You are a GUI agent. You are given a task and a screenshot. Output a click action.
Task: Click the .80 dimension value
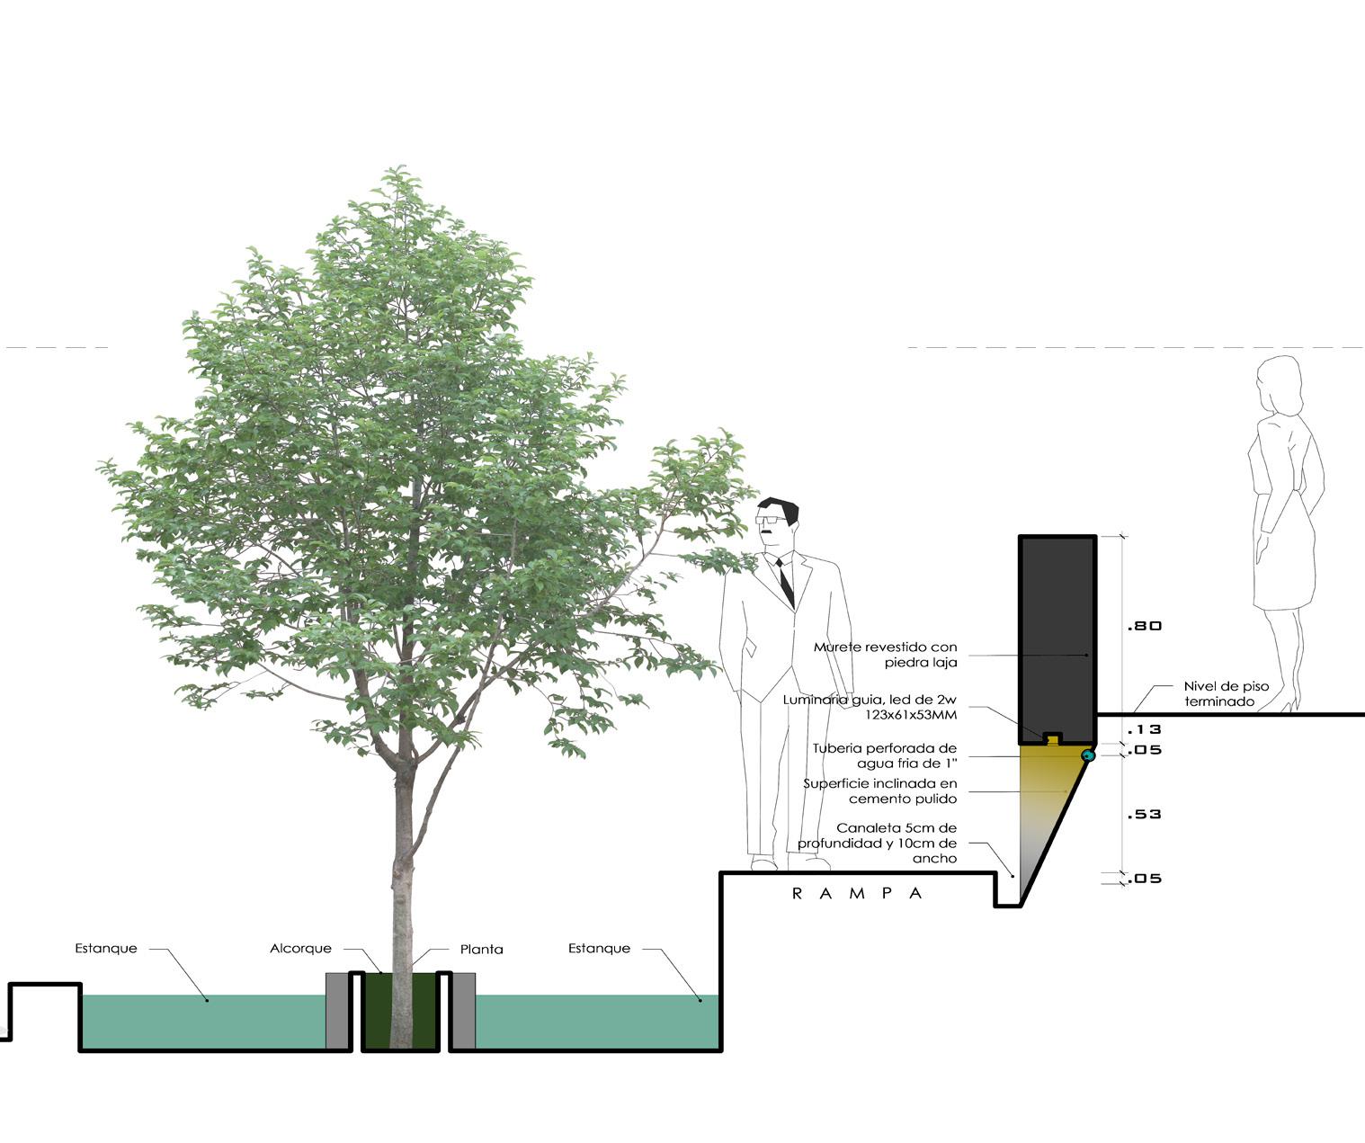[x=1145, y=626]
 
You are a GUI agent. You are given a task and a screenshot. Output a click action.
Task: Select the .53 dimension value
[x=1145, y=814]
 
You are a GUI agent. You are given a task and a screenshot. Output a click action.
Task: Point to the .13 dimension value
[x=1145, y=729]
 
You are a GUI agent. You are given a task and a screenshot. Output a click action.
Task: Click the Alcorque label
[x=300, y=949]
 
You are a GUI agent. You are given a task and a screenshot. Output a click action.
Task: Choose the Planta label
[x=481, y=950]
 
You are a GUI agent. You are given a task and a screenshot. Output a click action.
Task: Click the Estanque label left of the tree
[x=106, y=949]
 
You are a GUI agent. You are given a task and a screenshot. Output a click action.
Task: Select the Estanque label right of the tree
[x=599, y=949]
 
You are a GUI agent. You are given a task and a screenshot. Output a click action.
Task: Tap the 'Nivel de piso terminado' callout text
[x=1226, y=693]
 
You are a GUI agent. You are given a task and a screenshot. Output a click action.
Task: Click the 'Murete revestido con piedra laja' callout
[x=886, y=654]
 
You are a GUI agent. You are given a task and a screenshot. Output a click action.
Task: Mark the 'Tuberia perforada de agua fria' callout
[x=885, y=755]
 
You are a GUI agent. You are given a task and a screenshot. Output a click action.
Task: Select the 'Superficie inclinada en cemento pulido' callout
[x=880, y=790]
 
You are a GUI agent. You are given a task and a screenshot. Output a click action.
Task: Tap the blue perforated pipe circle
[x=1087, y=756]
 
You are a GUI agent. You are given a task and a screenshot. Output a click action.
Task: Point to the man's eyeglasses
[x=770, y=520]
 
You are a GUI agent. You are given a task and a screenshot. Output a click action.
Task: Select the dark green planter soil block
[x=399, y=1011]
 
